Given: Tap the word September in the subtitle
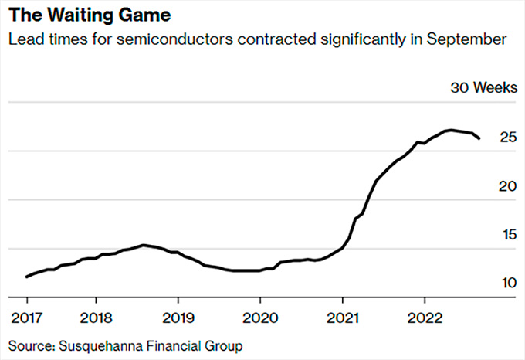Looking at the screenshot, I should coord(466,39).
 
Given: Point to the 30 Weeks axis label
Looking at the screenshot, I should coord(483,87).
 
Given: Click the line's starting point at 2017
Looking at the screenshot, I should coord(26,277).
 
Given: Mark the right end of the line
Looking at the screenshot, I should coord(479,138).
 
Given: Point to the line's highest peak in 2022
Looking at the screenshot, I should coord(451,130).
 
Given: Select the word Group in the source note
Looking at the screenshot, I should coord(225,345).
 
